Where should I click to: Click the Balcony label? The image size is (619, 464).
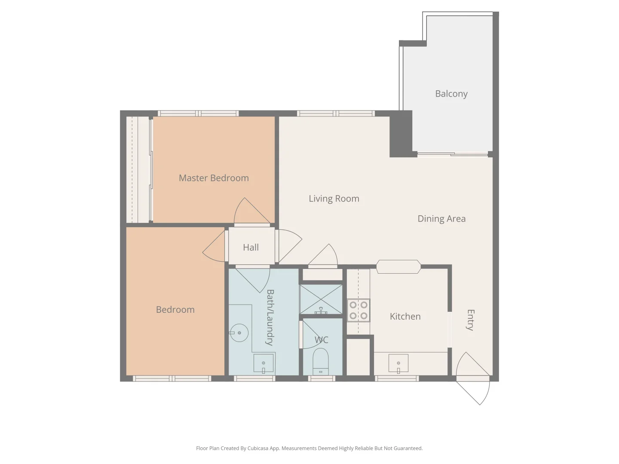(x=451, y=94)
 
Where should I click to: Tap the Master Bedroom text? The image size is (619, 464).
(x=214, y=178)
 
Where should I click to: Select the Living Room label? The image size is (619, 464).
(x=334, y=198)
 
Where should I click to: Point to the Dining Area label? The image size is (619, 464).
(x=441, y=219)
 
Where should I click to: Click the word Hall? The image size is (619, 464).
(x=251, y=247)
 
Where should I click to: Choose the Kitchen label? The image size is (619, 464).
(x=405, y=317)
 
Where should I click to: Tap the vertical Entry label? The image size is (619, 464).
(x=471, y=320)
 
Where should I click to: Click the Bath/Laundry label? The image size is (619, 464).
(x=270, y=317)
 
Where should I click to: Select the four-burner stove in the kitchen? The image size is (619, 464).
(x=359, y=310)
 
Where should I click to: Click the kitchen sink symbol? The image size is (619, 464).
(x=398, y=363)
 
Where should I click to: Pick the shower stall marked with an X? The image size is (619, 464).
(x=321, y=299)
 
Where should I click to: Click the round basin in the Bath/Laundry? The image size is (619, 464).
(x=239, y=333)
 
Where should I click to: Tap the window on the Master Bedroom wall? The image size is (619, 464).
(x=198, y=113)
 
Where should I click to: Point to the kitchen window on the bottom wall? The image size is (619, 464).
(x=396, y=379)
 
